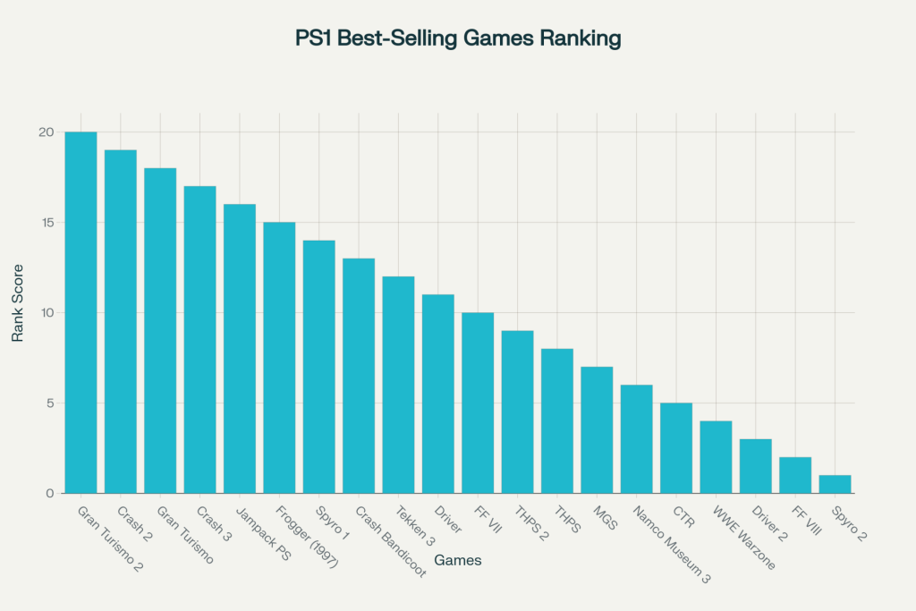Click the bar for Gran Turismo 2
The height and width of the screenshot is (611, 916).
[81, 313]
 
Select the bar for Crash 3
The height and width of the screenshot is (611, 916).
[199, 340]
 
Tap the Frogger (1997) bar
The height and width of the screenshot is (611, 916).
[279, 358]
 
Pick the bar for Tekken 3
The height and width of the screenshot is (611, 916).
[398, 385]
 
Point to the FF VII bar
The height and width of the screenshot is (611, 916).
[478, 403]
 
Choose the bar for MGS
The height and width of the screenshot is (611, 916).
[597, 430]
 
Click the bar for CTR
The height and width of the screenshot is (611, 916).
[676, 448]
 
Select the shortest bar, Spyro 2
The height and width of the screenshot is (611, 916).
[835, 484]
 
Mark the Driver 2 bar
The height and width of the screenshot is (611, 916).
[755, 466]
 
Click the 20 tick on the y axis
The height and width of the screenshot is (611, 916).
[47, 132]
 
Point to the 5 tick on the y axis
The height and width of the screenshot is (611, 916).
[51, 403]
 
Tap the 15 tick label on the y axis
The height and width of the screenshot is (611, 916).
[47, 223]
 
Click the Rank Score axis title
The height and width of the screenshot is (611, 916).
[18, 313]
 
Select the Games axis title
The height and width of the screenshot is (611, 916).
[458, 561]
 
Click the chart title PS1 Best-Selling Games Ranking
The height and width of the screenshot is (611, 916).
[458, 39]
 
